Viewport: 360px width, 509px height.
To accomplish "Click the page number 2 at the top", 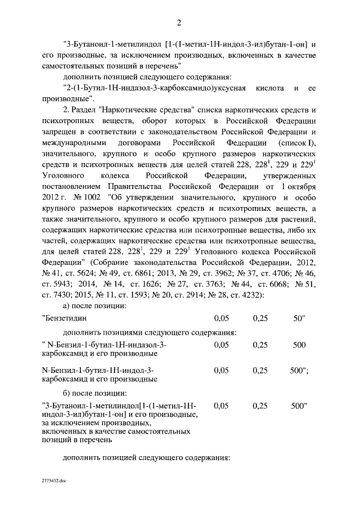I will (179, 23).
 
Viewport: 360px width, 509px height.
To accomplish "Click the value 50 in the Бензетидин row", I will (298, 318).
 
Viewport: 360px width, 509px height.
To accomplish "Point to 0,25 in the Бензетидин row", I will (260, 318).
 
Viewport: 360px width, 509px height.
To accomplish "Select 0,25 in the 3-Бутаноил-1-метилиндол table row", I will (260, 405).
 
